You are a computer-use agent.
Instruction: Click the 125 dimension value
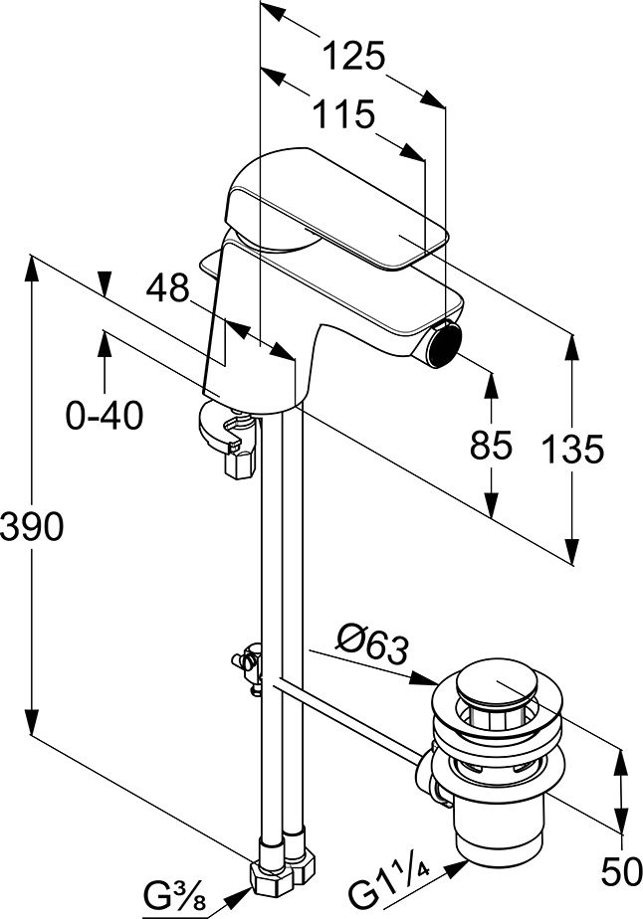click(x=354, y=57)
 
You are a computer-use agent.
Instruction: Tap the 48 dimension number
click(x=167, y=289)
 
